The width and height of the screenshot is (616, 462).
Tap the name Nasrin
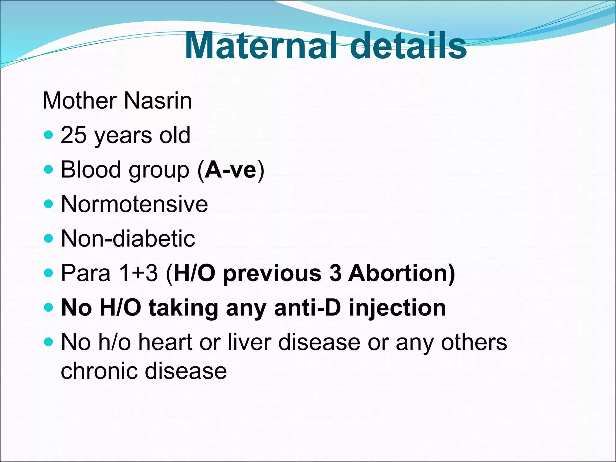[158, 101]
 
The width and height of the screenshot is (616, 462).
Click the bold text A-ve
[230, 170]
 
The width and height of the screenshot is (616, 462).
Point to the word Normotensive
[134, 204]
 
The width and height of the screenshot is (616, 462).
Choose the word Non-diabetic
[128, 239]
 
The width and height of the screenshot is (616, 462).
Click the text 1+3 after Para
[138, 273]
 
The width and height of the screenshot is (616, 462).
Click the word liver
[249, 342]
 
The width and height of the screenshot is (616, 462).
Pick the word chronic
[99, 371]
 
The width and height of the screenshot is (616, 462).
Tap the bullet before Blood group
[48, 169]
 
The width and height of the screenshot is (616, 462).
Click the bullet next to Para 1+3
[48, 273]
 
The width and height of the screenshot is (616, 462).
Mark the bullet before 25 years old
[48, 135]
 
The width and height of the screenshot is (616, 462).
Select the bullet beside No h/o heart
[48, 342]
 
